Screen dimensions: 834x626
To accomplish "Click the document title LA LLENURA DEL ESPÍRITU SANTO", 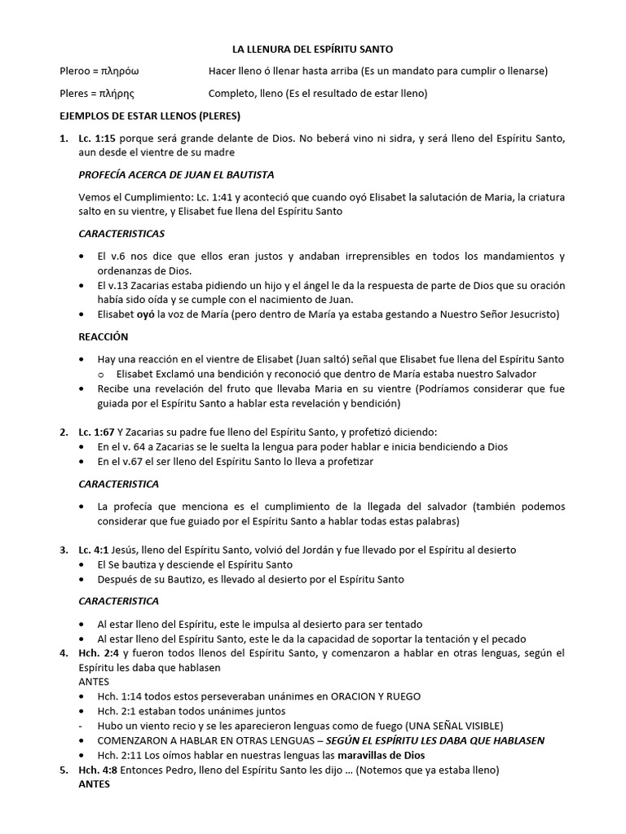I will (313, 50).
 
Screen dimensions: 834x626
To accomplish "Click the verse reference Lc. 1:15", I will (97, 138).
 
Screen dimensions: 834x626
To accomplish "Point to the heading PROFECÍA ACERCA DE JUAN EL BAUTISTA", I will (176, 175).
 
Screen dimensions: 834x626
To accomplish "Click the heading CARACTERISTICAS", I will (121, 234).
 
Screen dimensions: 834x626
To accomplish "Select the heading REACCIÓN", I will (104, 336).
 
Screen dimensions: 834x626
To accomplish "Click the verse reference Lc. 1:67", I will (97, 432).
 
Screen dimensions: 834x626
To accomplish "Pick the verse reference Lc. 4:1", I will (94, 550).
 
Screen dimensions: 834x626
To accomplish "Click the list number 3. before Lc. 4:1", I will (64, 550).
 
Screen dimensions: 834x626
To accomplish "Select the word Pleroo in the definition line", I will (77, 72).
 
